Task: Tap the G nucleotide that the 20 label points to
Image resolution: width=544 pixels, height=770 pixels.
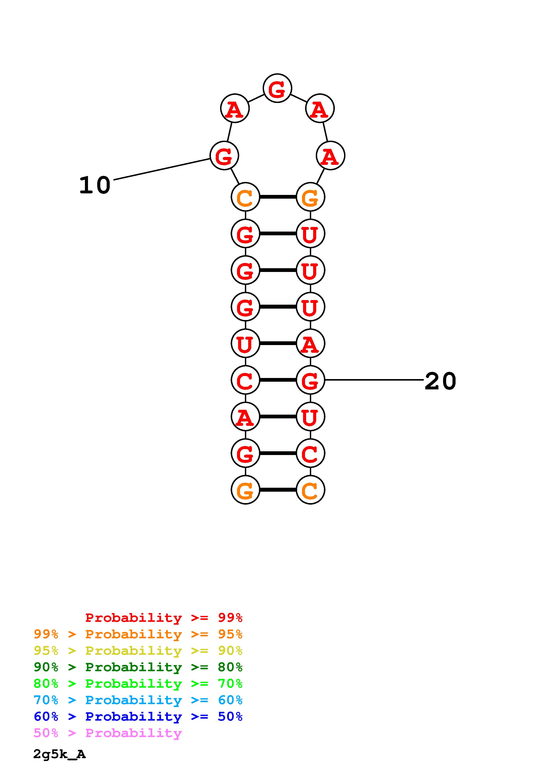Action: [x=310, y=380]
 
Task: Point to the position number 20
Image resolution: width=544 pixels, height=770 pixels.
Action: [x=440, y=381]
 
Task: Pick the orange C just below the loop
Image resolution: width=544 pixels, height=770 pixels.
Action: [x=245, y=197]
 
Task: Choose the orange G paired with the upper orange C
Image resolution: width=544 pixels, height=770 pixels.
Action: [x=310, y=197]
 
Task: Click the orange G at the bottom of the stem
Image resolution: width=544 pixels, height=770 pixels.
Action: [x=245, y=490]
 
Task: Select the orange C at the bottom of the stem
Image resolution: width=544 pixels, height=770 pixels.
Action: [x=310, y=490]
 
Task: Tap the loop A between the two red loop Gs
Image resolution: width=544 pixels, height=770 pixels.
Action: [x=235, y=109]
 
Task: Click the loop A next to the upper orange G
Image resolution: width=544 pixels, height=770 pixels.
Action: [x=330, y=156]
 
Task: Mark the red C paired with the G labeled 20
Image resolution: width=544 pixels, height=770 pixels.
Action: [x=245, y=380]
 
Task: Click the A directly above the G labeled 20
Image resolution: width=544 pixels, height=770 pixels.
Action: [x=310, y=344]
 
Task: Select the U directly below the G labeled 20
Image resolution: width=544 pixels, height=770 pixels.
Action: [x=310, y=417]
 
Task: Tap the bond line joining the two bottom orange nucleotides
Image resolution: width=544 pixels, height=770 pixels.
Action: [x=278, y=490]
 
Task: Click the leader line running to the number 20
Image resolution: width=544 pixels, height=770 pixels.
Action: [x=374, y=380]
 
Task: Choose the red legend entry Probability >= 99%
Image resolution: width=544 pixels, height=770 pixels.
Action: [x=163, y=618]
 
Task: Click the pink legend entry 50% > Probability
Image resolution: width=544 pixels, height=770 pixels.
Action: [x=108, y=733]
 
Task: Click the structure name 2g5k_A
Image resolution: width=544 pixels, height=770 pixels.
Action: [x=59, y=754]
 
